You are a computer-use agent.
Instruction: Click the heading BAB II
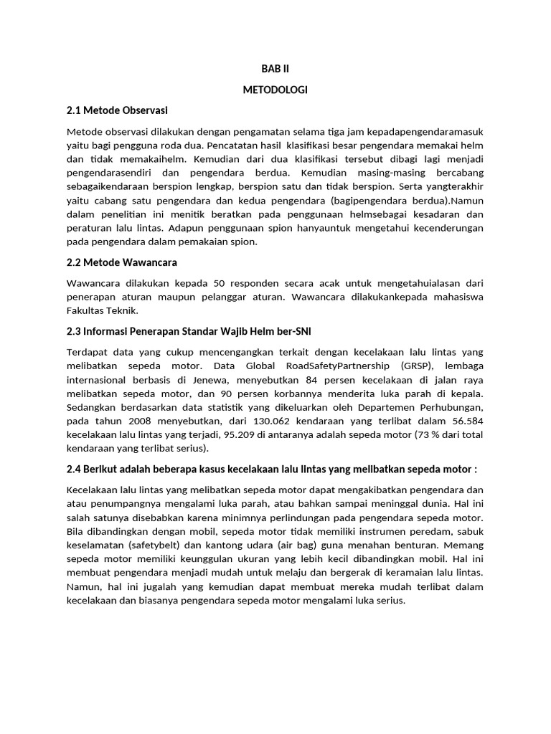tap(275, 69)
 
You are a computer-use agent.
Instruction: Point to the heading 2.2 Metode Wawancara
tap(121, 262)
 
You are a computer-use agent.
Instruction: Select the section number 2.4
tap(75, 469)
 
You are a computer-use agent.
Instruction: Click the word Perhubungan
tap(448, 408)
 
